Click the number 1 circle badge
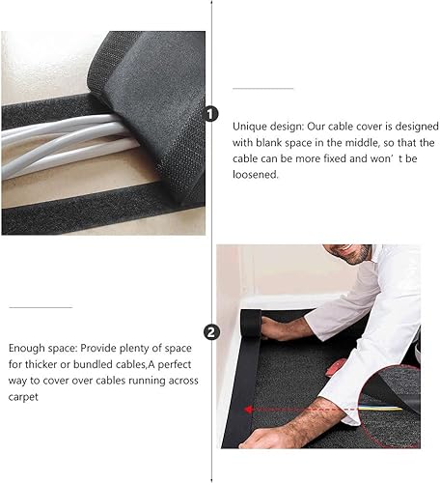(x=210, y=114)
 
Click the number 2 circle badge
(x=211, y=332)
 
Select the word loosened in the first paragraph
(x=256, y=174)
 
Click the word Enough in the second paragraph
(x=27, y=349)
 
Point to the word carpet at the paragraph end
(x=23, y=397)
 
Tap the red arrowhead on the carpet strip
(x=248, y=410)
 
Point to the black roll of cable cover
(x=251, y=323)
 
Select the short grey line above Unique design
(x=263, y=88)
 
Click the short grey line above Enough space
(x=41, y=307)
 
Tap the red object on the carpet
(x=335, y=367)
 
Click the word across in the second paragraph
(x=183, y=381)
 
